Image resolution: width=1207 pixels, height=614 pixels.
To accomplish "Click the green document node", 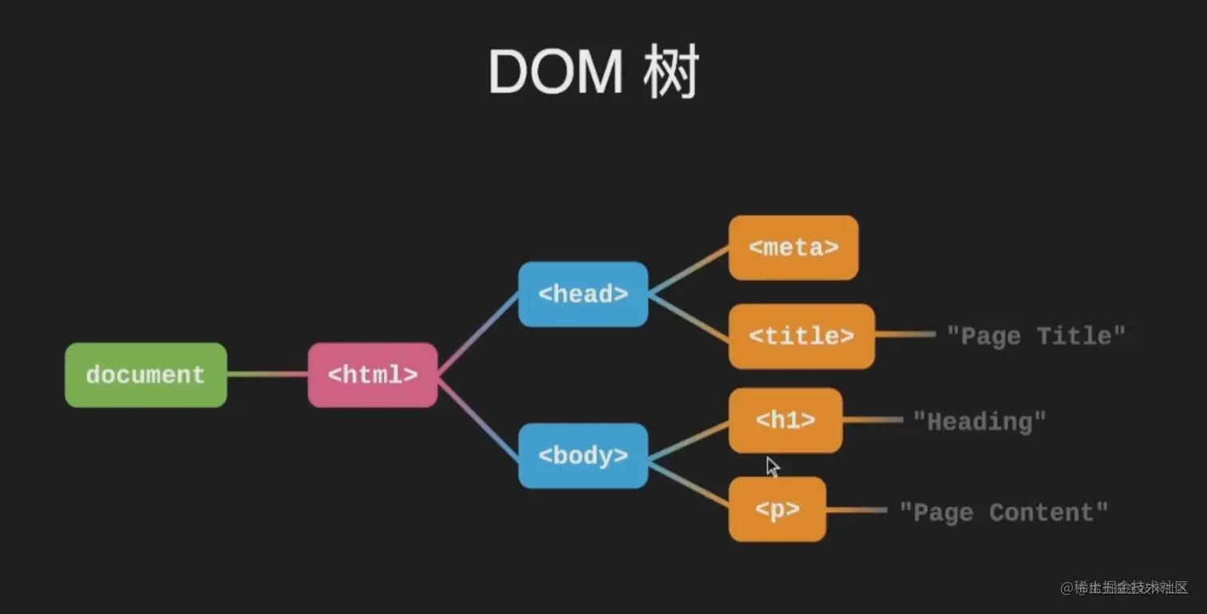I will coord(145,375).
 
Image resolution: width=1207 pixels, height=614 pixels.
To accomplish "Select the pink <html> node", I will coord(372,375).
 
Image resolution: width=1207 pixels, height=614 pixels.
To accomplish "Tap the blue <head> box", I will coord(583,295).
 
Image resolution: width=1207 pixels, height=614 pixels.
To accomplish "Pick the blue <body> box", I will coord(583,456).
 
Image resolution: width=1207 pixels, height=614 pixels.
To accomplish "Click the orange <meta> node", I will coord(793,248).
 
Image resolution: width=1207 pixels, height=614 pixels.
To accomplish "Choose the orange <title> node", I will coord(801,336).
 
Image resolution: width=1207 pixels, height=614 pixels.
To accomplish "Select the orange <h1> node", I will coord(786,421).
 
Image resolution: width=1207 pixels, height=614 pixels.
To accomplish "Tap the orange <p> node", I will coord(777,509).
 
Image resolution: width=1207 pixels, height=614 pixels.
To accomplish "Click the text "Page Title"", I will coord(1035,336).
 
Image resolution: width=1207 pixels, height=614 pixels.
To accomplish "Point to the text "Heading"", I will coord(979,421).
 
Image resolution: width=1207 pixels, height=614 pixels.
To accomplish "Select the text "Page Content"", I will coord(1003,513).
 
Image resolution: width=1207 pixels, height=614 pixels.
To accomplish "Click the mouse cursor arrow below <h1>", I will coord(772,466).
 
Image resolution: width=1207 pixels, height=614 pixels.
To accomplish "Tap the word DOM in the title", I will coord(555,73).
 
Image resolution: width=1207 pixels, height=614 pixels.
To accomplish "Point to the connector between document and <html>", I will coord(267,374).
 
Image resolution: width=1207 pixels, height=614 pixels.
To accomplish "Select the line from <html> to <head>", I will coord(478,335).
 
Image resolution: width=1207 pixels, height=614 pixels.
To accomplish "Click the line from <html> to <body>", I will coord(478,416).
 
